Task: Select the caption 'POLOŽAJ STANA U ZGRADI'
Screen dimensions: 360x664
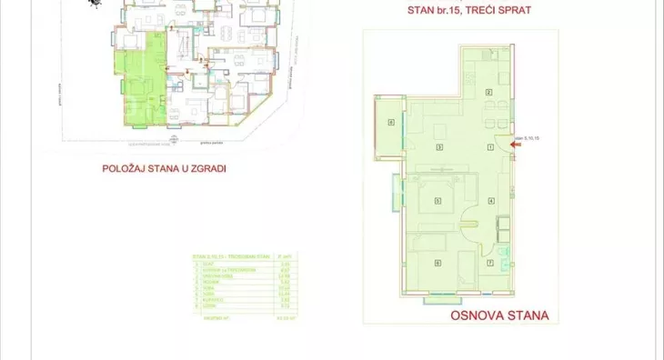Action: [165, 168]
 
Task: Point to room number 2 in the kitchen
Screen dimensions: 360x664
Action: [488, 94]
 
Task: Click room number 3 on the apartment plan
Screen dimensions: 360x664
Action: [438, 147]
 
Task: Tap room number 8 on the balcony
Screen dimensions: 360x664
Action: [390, 125]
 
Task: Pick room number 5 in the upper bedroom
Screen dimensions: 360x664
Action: [438, 200]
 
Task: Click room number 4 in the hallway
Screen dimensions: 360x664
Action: [489, 200]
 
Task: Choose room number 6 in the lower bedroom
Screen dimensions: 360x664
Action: [438, 264]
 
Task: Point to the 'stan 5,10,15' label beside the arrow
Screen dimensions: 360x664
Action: [528, 138]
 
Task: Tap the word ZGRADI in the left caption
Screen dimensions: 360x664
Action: [206, 168]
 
